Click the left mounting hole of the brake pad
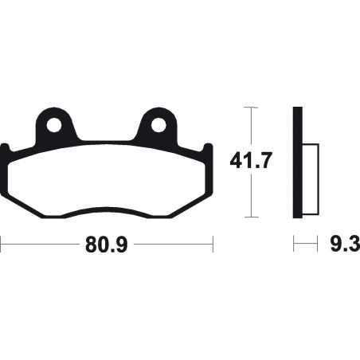tap(54, 124)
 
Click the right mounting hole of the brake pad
tap(158, 124)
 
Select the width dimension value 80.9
tap(107, 243)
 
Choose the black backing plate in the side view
tap(298, 162)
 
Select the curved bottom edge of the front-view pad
tap(106, 214)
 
